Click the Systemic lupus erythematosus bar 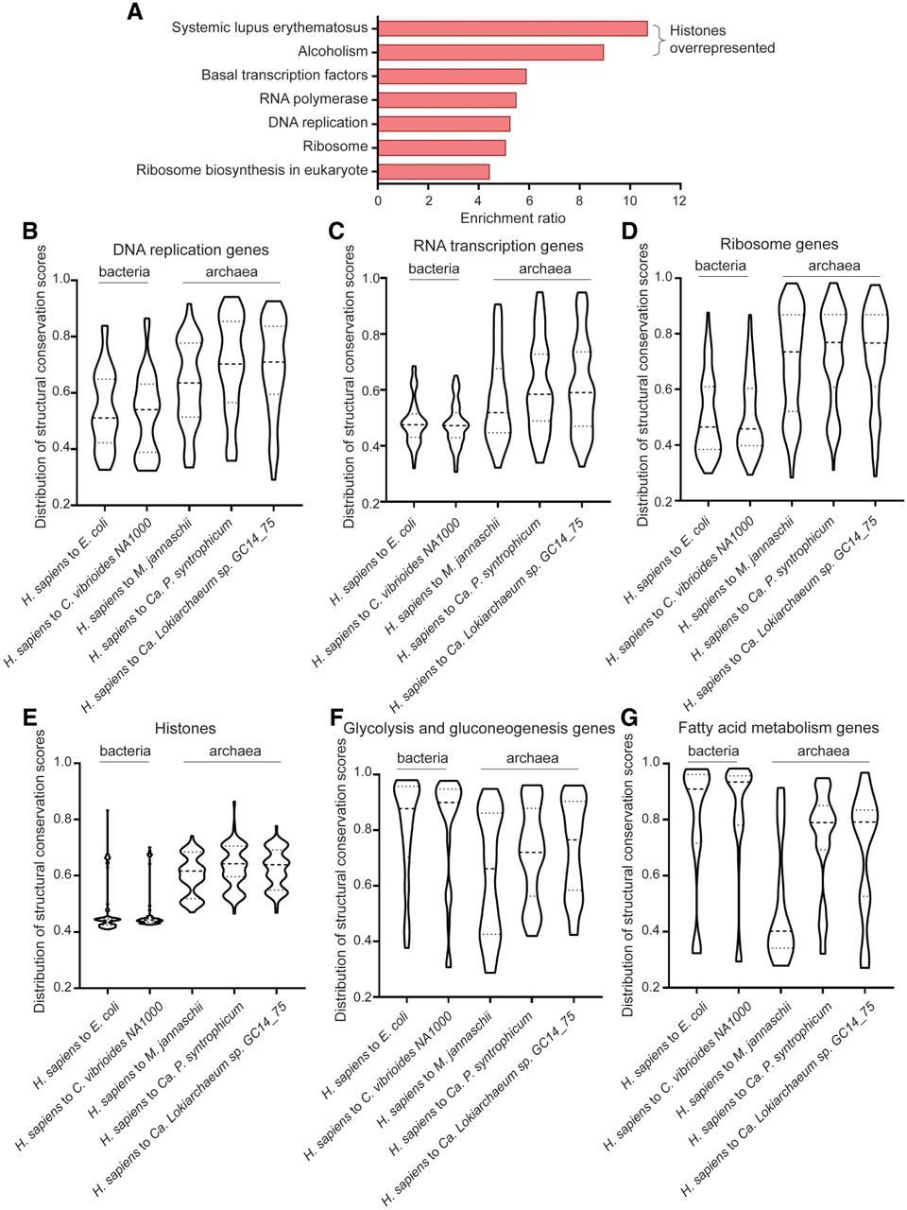pyautogui.click(x=513, y=28)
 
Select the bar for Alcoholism pyautogui.click(x=490, y=52)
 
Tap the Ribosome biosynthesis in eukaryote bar pyautogui.click(x=434, y=171)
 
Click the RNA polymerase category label pyautogui.click(x=314, y=99)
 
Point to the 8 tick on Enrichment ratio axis pyautogui.click(x=579, y=200)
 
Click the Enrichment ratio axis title pyautogui.click(x=513, y=219)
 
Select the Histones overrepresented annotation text pyautogui.click(x=722, y=39)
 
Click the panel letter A pyautogui.click(x=135, y=11)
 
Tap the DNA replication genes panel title pyautogui.click(x=191, y=251)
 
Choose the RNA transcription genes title pyautogui.click(x=498, y=246)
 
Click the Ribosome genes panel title pyautogui.click(x=779, y=244)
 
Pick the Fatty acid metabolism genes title pyautogui.click(x=779, y=728)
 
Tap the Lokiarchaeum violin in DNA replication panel pyautogui.click(x=273, y=390)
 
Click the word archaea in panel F pyautogui.click(x=532, y=758)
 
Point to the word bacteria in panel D pyautogui.click(x=720, y=266)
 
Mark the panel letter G pyautogui.click(x=629, y=718)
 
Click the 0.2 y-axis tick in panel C pyautogui.click(x=371, y=502)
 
